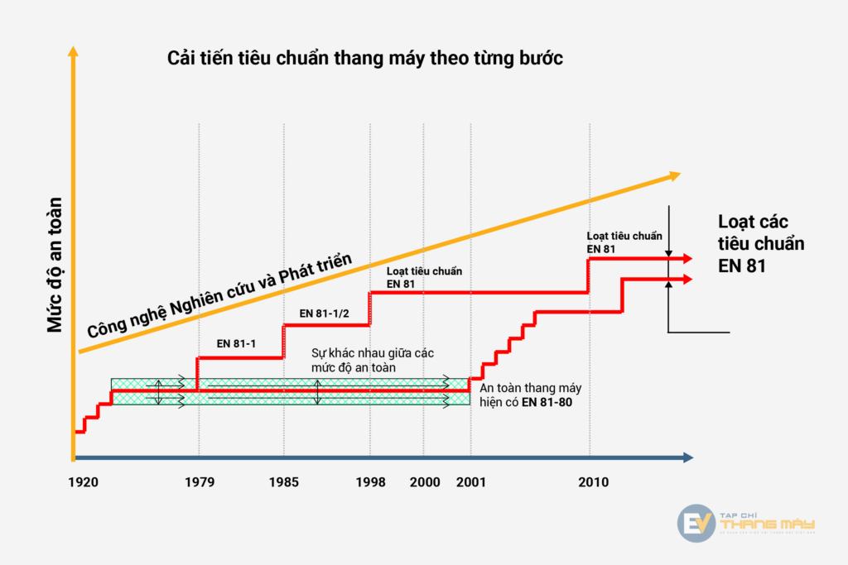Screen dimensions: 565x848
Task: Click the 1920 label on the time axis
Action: click(x=84, y=481)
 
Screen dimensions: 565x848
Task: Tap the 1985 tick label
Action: click(x=285, y=481)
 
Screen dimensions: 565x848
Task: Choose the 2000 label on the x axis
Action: click(x=424, y=481)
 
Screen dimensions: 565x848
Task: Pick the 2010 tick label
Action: click(x=593, y=481)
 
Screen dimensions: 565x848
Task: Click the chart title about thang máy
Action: click(x=365, y=60)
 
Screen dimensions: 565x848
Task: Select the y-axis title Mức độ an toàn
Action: click(x=55, y=265)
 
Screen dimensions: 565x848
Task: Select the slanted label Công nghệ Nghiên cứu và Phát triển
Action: click(x=220, y=296)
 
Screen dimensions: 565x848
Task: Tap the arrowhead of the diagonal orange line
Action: click(x=674, y=175)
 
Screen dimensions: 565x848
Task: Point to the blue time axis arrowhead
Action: click(x=687, y=457)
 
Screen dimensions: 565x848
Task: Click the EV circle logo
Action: click(x=696, y=523)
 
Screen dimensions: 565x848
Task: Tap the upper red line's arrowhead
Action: click(x=687, y=259)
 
